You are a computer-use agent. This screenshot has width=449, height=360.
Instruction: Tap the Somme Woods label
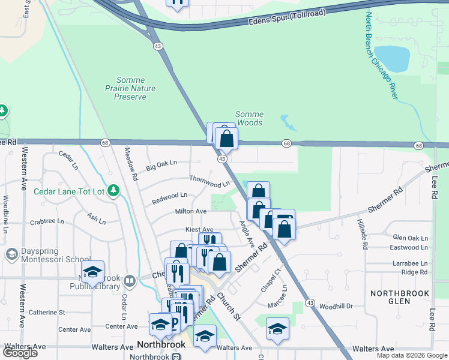249,118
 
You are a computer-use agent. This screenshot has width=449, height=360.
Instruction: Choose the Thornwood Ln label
209,181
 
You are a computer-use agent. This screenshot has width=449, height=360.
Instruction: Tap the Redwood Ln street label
169,196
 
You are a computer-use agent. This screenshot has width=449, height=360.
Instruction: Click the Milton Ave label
190,211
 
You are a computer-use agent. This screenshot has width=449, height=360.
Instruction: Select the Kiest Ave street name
199,229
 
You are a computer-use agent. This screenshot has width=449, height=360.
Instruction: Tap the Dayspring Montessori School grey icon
11,255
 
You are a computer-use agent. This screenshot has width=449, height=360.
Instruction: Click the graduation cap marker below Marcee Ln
277,329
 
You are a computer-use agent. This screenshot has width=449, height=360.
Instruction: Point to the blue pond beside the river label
391,59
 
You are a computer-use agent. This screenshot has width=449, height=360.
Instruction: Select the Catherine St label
46,312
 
